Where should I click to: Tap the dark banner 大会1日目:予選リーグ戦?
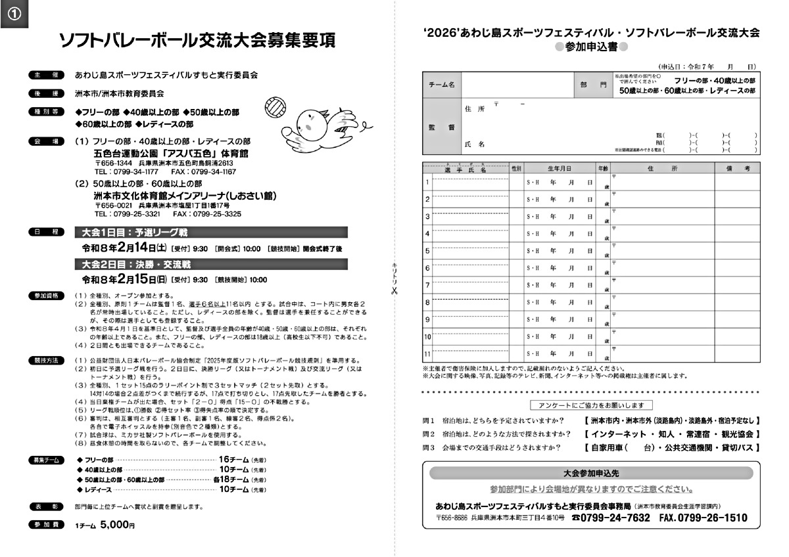coord(135,233)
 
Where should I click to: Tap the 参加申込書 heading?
coord(591,47)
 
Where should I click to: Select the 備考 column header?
coord(737,169)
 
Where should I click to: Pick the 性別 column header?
coord(516,169)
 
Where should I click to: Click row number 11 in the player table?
coord(427,354)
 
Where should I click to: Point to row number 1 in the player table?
coord(427,182)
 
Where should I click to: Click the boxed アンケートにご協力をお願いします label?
coord(591,405)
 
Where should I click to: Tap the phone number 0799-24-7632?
coord(615,518)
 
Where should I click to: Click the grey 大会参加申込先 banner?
coord(591,473)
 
